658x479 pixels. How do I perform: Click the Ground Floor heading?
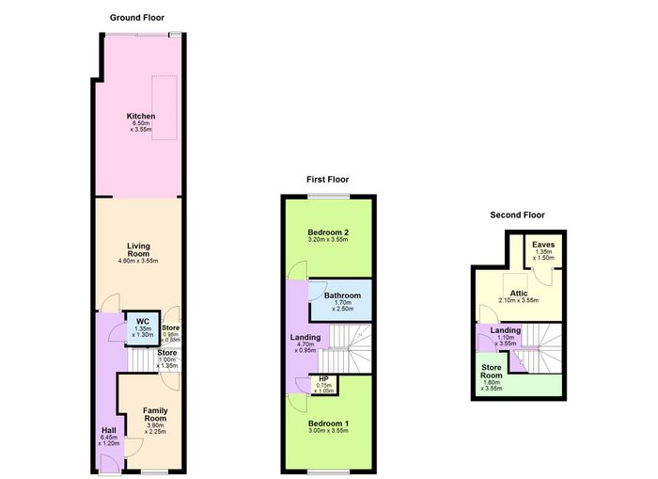tap(137, 18)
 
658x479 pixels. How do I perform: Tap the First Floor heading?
tap(327, 180)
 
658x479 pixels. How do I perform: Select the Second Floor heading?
tap(517, 216)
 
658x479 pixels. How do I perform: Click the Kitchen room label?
tap(141, 116)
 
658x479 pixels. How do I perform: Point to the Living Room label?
tap(138, 250)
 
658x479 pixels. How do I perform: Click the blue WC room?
tap(143, 328)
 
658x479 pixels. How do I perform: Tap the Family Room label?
tap(155, 414)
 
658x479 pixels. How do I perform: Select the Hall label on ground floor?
tap(109, 430)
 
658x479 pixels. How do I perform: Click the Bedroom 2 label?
tap(328, 232)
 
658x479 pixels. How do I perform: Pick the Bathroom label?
tap(342, 295)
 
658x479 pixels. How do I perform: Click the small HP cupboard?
tap(323, 385)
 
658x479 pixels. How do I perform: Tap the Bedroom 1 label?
tap(328, 423)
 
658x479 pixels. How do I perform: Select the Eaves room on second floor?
tap(543, 250)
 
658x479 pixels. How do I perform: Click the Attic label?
tap(519, 294)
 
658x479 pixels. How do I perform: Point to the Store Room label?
tap(492, 372)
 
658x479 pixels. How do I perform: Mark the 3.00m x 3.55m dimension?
tap(328, 431)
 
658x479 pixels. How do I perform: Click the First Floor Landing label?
tap(305, 337)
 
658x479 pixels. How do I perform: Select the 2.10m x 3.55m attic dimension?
tap(519, 300)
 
